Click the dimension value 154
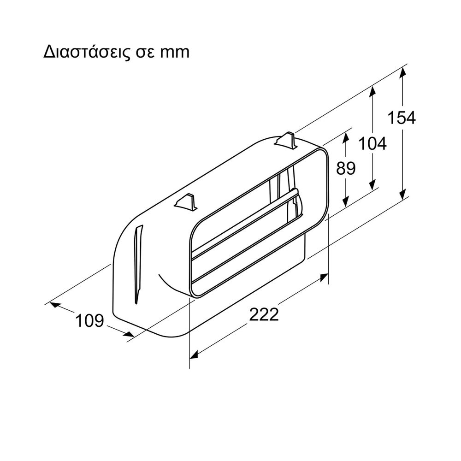[402, 118]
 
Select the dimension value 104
[372, 144]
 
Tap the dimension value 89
[346, 168]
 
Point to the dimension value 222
[264, 314]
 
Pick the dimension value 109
[90, 320]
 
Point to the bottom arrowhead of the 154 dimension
[402, 194]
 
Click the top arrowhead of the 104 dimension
[372, 91]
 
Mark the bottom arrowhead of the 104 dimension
[372, 185]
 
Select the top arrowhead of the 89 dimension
[346, 137]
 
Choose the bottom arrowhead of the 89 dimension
[346, 202]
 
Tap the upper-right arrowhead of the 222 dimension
[324, 277]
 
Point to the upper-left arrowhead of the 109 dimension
[55, 305]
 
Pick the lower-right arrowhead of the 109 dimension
[129, 334]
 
